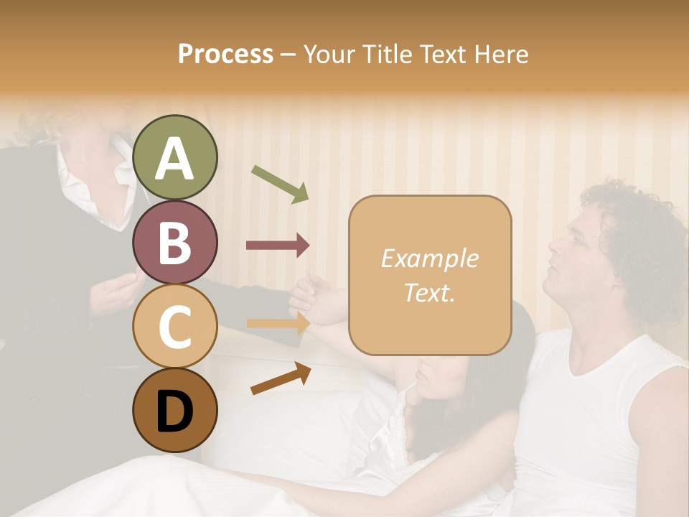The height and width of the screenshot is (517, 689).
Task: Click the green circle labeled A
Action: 175,157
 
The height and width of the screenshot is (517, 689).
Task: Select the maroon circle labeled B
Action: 175,242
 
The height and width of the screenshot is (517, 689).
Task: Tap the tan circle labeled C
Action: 175,326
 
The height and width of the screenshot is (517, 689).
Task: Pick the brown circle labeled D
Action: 175,410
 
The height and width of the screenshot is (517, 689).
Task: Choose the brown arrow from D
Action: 281,378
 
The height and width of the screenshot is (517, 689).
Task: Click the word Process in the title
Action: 225,54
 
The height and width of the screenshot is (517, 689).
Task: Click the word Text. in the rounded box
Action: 429,293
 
